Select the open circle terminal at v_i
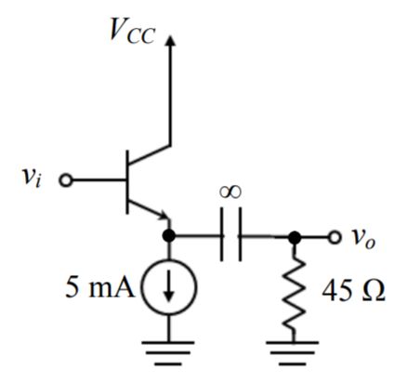(x=65, y=179)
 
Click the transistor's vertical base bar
(x=128, y=179)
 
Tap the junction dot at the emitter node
(x=169, y=236)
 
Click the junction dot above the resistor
(x=295, y=237)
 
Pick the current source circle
(x=169, y=289)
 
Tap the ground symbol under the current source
(x=169, y=354)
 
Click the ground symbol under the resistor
(x=295, y=354)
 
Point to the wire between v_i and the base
(x=98, y=179)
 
